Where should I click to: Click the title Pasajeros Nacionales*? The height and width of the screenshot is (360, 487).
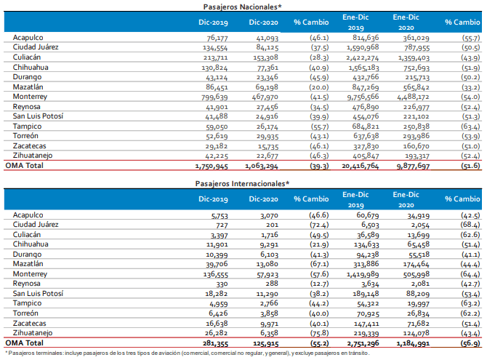pos(243,7)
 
